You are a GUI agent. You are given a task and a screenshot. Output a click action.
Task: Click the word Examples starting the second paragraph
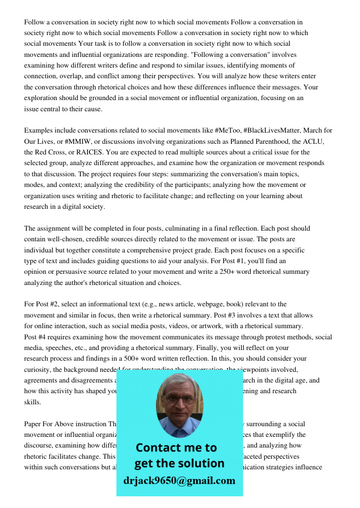39,131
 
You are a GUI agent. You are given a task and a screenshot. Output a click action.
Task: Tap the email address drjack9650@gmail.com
179,481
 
